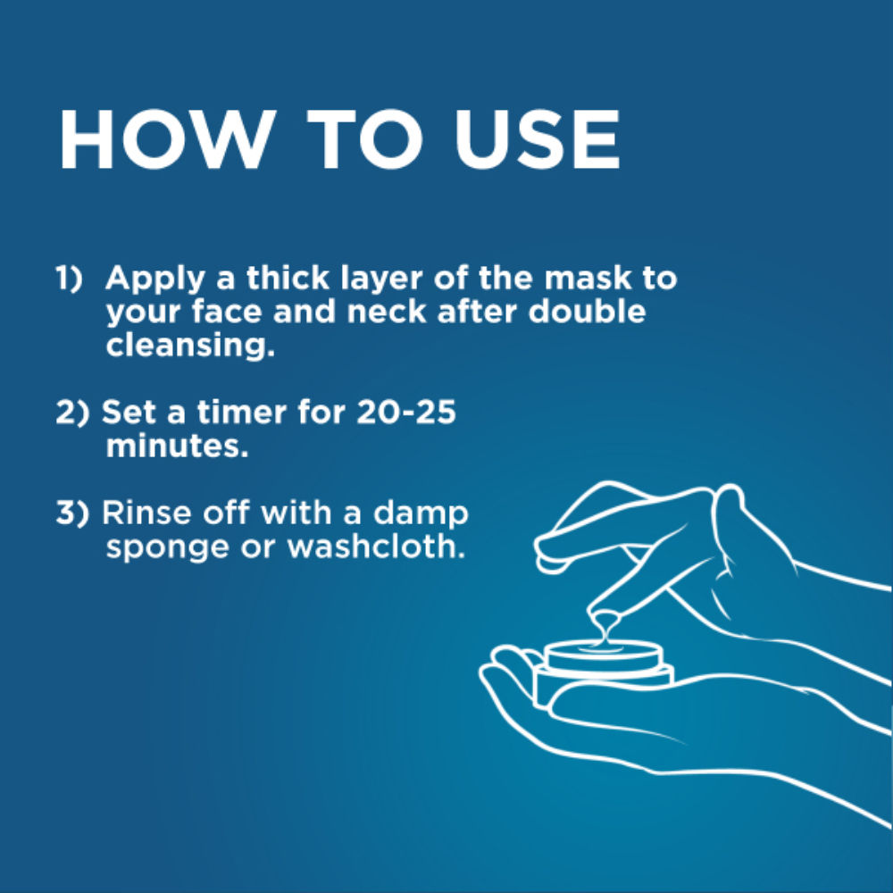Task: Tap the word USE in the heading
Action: [538, 139]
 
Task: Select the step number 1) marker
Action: [69, 278]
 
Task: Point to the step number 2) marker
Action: [72, 413]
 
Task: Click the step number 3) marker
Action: [72, 513]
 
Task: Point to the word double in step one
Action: [588, 312]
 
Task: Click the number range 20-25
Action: [406, 413]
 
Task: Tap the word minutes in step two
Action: [177, 446]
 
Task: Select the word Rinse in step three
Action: [147, 513]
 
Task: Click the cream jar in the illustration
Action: [603, 672]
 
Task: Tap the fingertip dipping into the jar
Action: [606, 622]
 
